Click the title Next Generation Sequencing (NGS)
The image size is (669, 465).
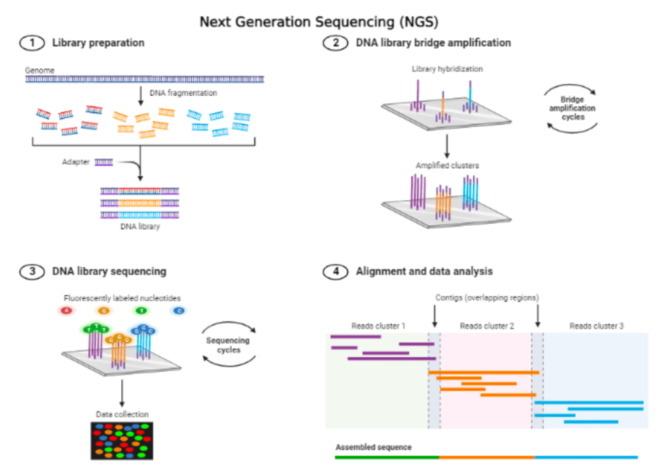tap(318, 21)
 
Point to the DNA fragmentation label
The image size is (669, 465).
tap(179, 92)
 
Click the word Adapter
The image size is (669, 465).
tap(76, 161)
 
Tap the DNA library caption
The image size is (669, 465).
tap(139, 226)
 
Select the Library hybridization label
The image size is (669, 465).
tap(448, 69)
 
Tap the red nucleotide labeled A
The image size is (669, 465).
tap(66, 310)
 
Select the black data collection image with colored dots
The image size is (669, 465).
tap(122, 440)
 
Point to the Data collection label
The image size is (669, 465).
tap(122, 414)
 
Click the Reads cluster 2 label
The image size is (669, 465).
tap(487, 326)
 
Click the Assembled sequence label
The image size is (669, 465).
tap(373, 447)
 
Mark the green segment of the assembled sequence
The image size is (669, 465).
tap(386, 457)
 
